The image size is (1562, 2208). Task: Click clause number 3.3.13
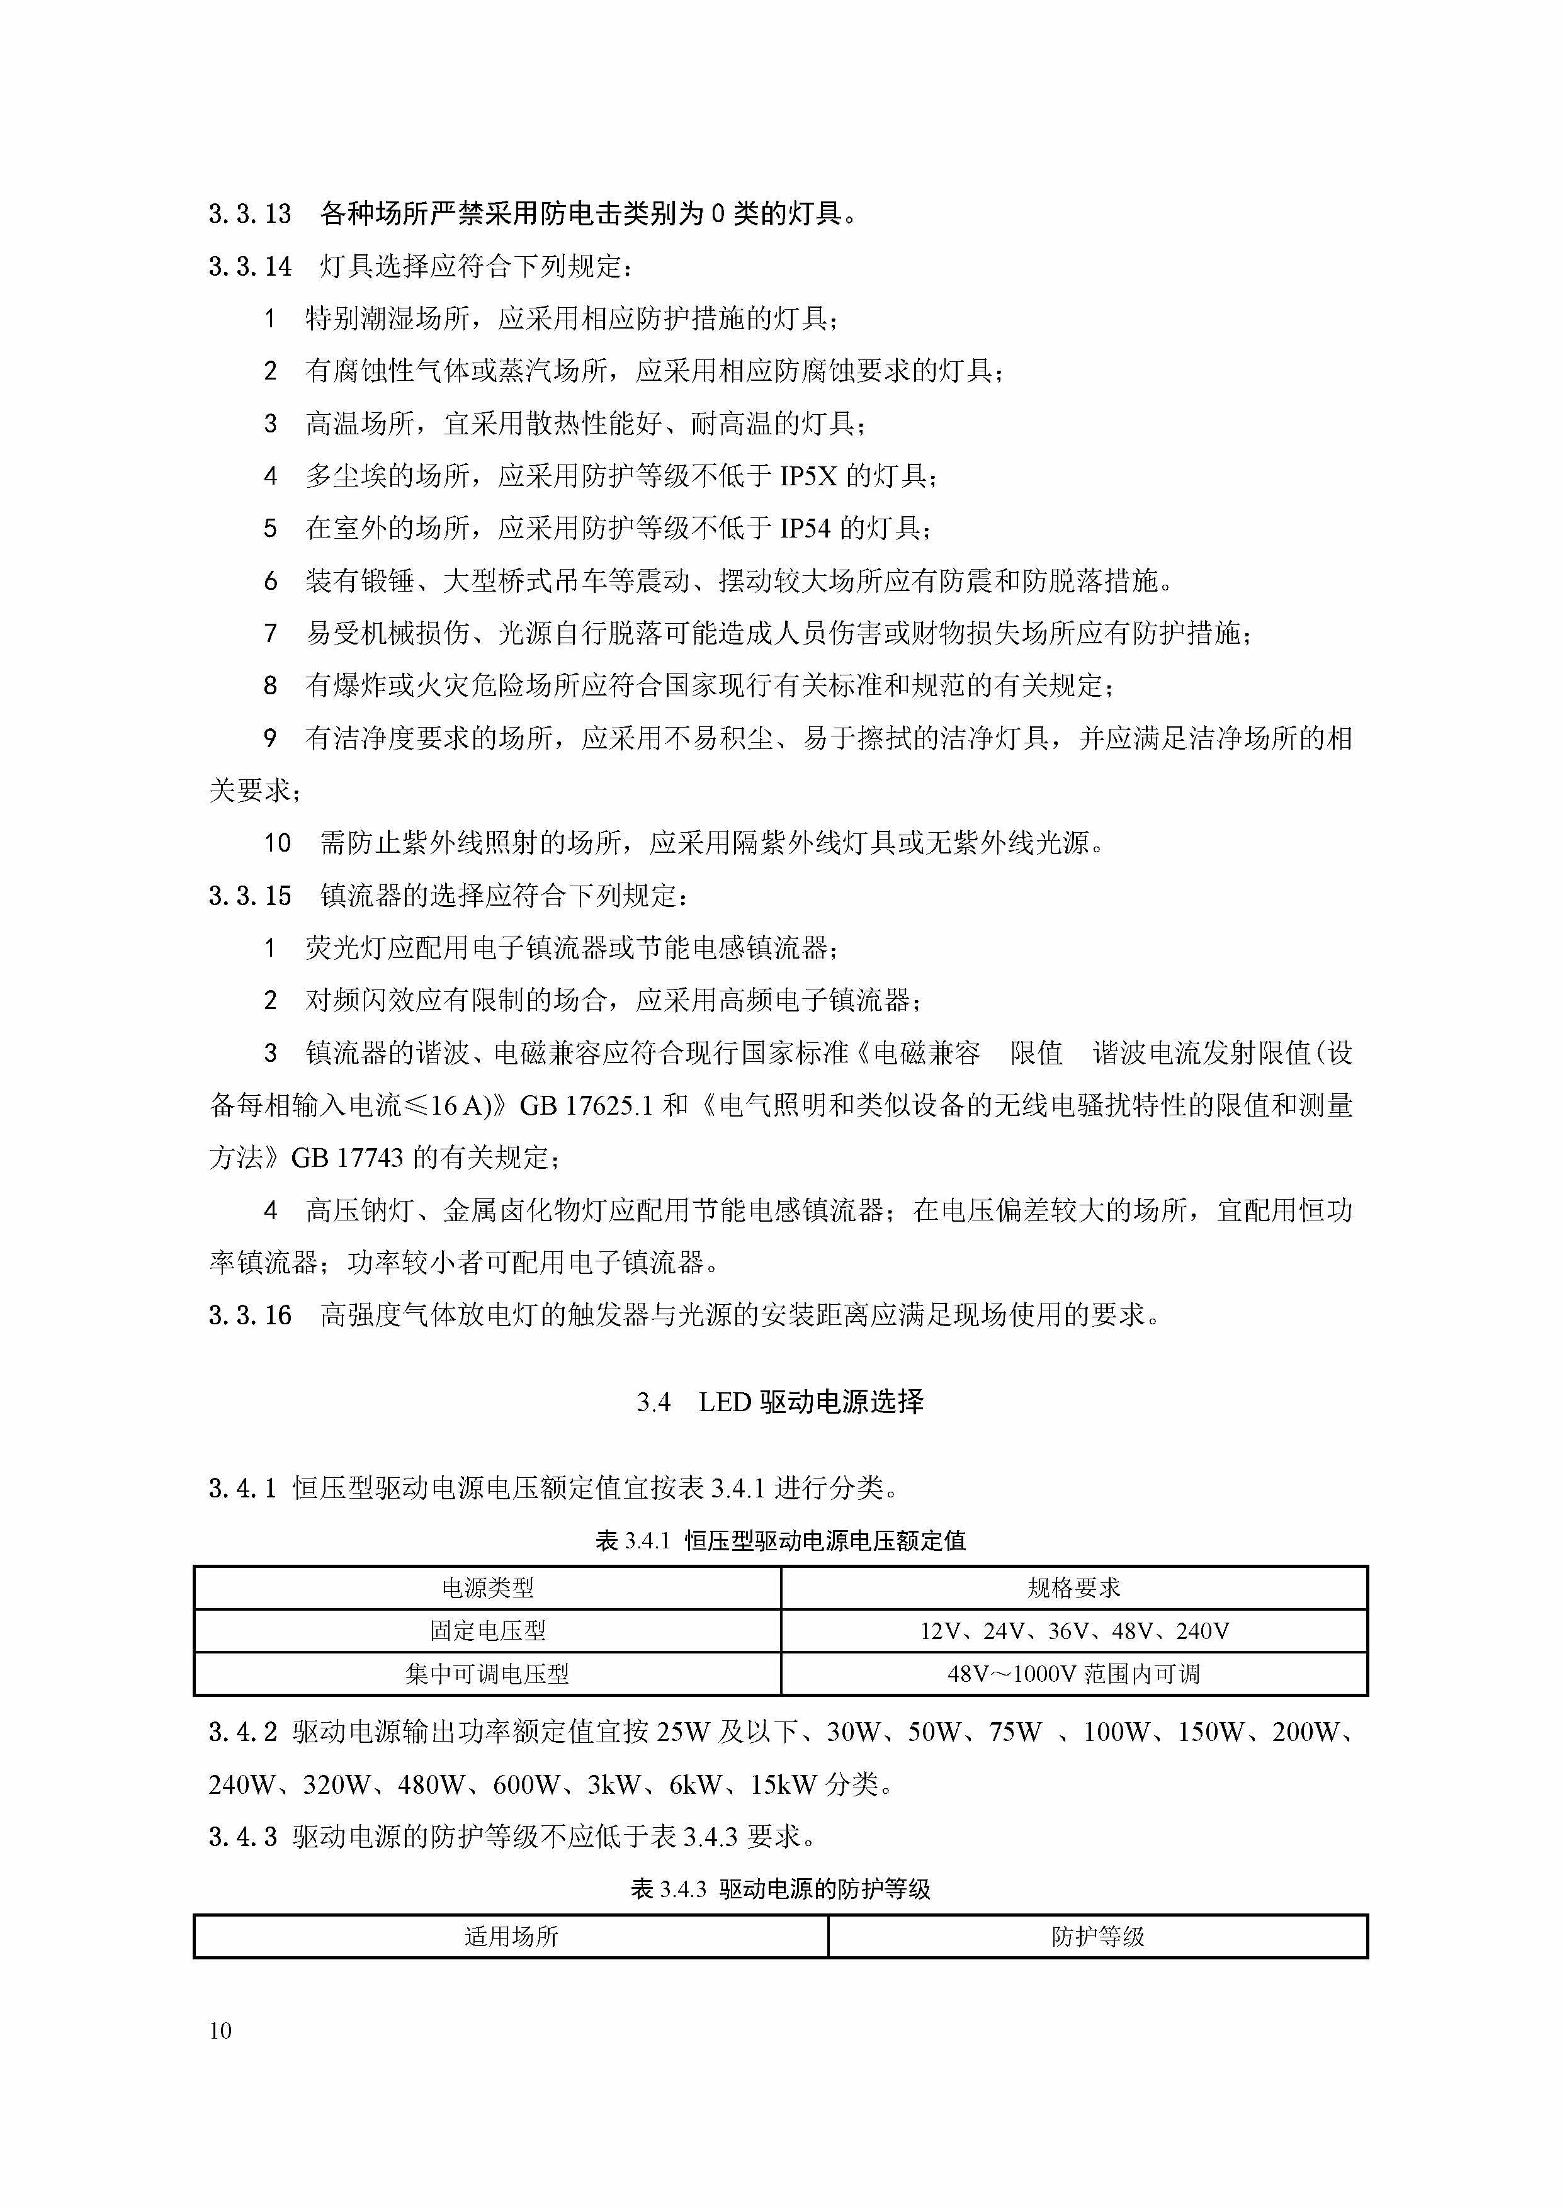click(x=249, y=213)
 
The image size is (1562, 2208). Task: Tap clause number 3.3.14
click(x=249, y=266)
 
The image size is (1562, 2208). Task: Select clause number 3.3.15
click(x=249, y=896)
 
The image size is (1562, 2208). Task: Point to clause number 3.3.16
click(x=249, y=1315)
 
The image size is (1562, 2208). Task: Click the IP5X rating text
click(x=808, y=476)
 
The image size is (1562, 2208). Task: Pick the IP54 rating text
click(x=805, y=528)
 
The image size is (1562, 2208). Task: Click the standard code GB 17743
click(x=348, y=1158)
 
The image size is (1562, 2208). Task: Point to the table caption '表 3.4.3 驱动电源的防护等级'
click(x=780, y=1889)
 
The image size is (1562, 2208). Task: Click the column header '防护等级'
click(x=1097, y=1936)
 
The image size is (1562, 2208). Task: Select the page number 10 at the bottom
click(x=220, y=2030)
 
